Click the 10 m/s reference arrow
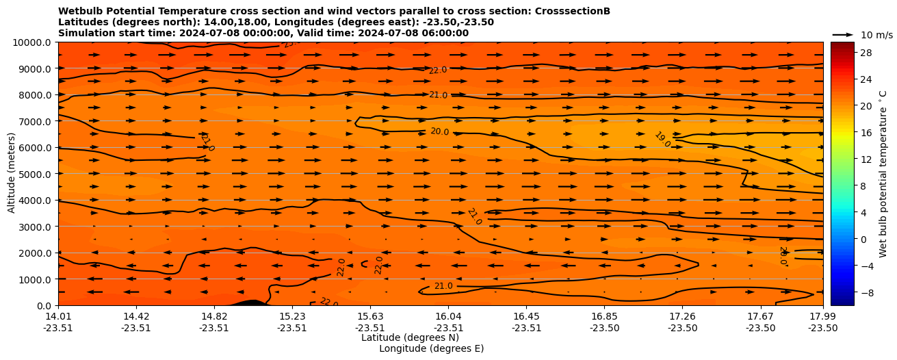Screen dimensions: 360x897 coord(843,34)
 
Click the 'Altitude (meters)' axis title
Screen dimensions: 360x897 coord(12,174)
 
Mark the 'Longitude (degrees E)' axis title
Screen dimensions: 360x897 coord(431,348)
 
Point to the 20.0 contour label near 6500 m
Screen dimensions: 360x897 coord(439,131)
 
